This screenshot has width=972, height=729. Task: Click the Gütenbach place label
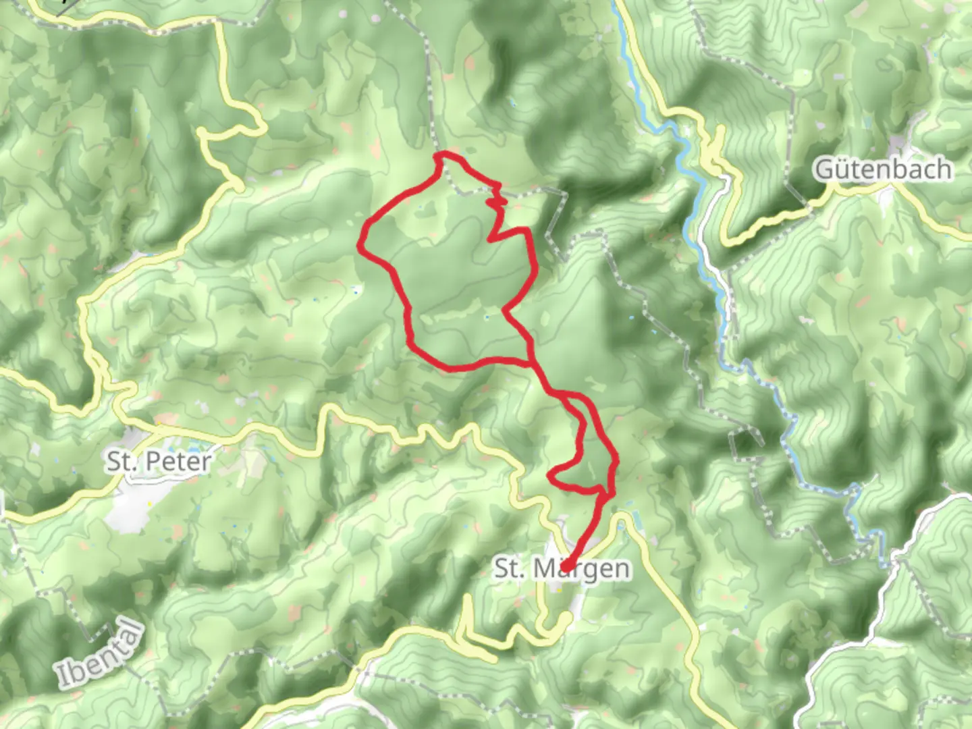[884, 169]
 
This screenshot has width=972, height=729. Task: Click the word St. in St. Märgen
[510, 568]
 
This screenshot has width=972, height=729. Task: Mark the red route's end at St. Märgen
[567, 566]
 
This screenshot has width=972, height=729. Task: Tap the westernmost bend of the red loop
[360, 250]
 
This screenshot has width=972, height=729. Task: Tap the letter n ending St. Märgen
[622, 569]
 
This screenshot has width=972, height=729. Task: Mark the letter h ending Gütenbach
[944, 169]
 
